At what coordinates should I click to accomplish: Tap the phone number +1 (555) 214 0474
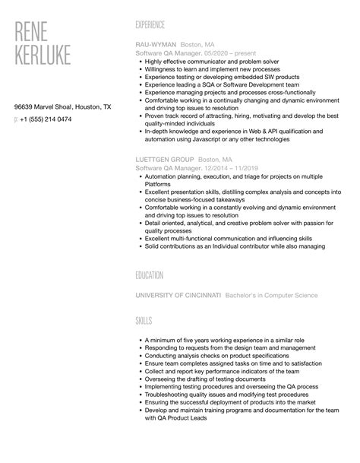coord(48,119)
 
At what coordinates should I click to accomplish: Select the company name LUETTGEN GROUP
coord(163,160)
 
